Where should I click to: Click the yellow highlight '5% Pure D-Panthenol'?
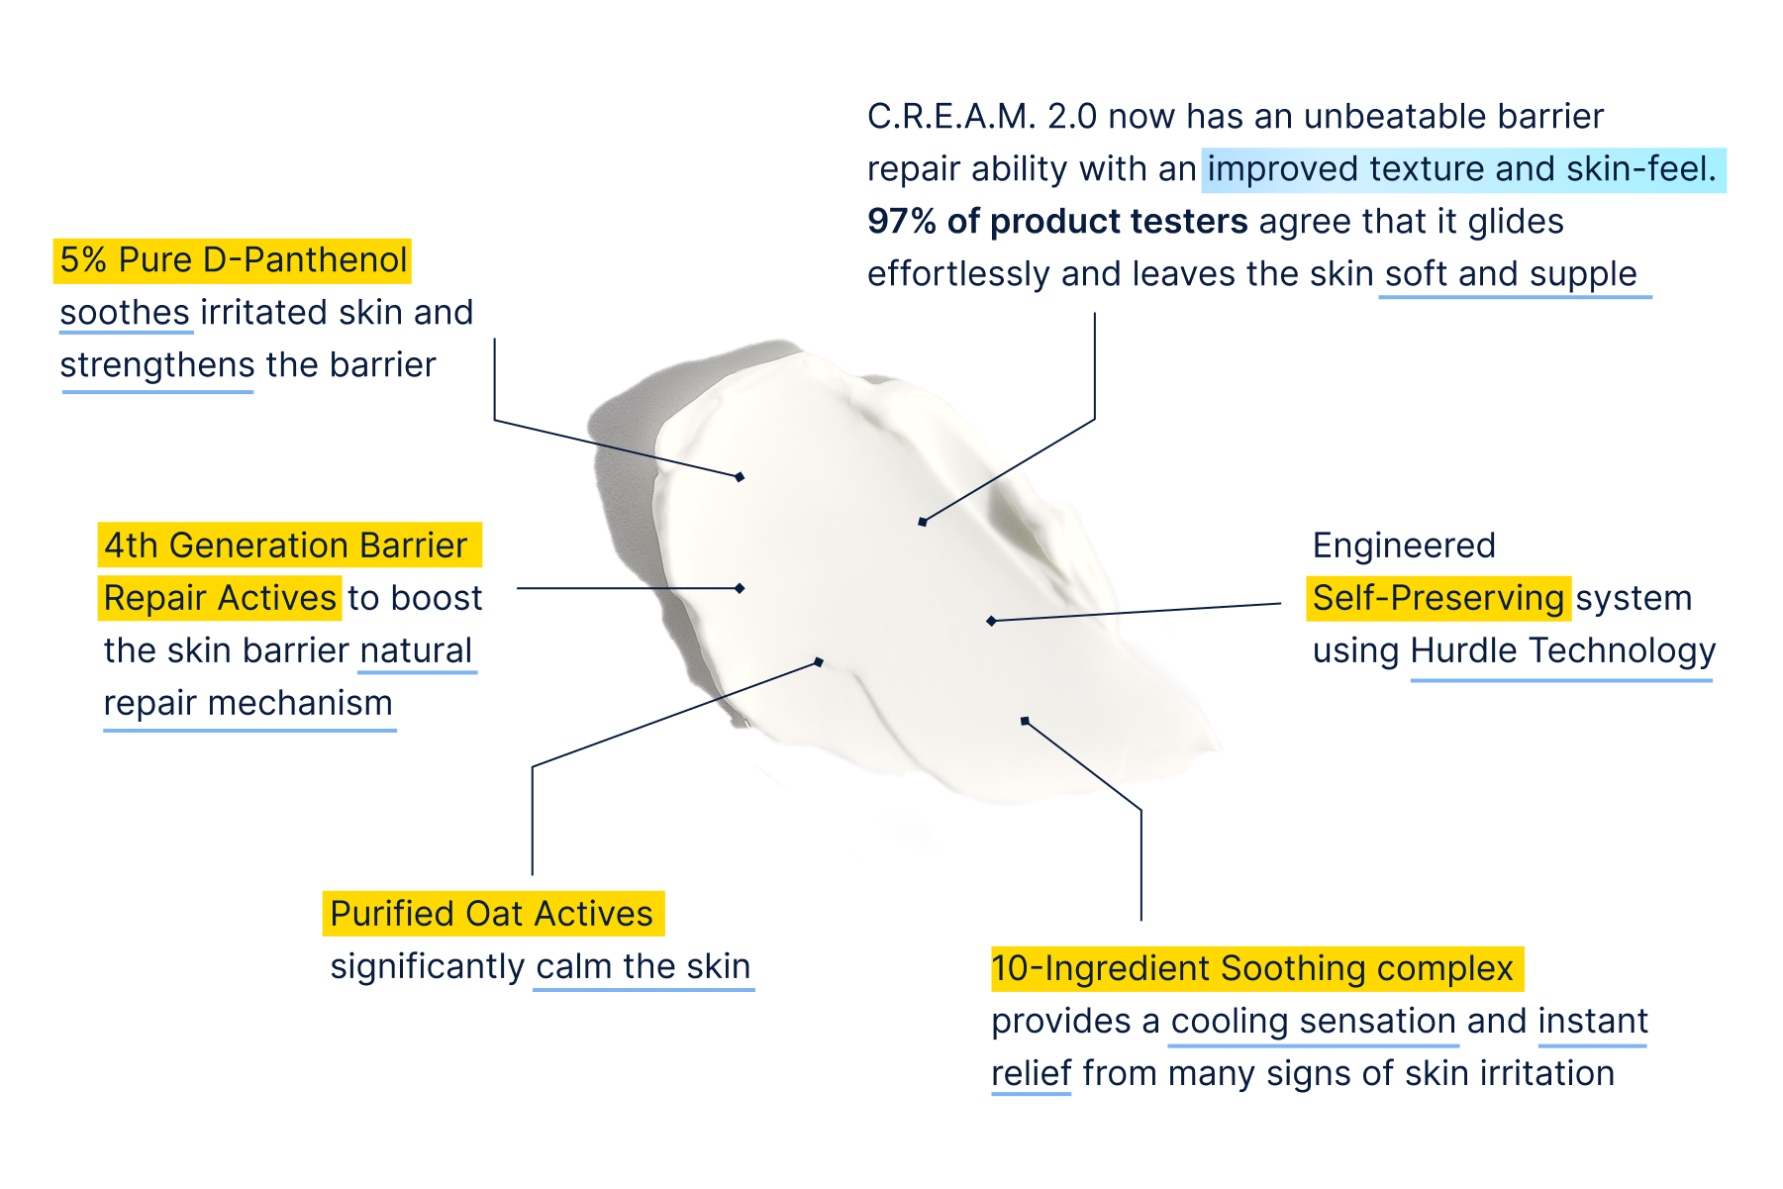coord(232,260)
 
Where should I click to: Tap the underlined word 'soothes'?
coord(125,313)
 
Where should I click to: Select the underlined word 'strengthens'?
coord(157,365)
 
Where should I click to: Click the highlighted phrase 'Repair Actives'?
coord(220,598)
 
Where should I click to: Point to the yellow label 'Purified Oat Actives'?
coord(492,913)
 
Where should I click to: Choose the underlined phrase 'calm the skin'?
coord(644,966)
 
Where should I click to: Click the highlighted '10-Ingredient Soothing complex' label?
coord(1255,968)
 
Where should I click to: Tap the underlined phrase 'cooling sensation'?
coord(1313,1021)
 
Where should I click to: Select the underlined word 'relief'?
coord(1031,1073)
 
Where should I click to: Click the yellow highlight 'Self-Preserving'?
coord(1437,598)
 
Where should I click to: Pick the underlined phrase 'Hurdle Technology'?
coord(1562,651)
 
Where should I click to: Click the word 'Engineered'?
coord(1404,545)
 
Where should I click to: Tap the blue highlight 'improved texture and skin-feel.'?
coord(1462,169)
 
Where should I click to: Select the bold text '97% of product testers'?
coord(1056,222)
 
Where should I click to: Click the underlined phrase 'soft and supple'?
coord(1511,274)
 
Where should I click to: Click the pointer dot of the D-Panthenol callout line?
coord(740,476)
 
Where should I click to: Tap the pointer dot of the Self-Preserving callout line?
coord(991,621)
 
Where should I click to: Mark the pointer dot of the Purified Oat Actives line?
coord(819,661)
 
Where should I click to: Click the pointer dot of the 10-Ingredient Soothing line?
coord(1025,721)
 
